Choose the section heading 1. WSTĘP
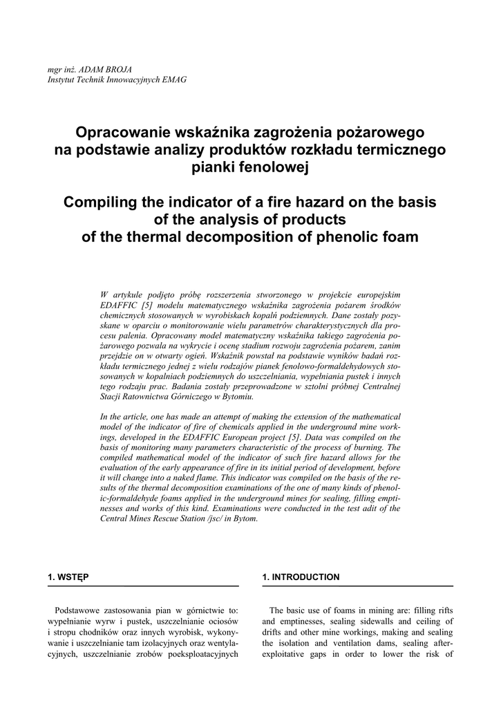coord(68,577)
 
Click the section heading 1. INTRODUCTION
coord(301,577)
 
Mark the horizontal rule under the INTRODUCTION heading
coord(357,586)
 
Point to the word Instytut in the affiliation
coord(61,80)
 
